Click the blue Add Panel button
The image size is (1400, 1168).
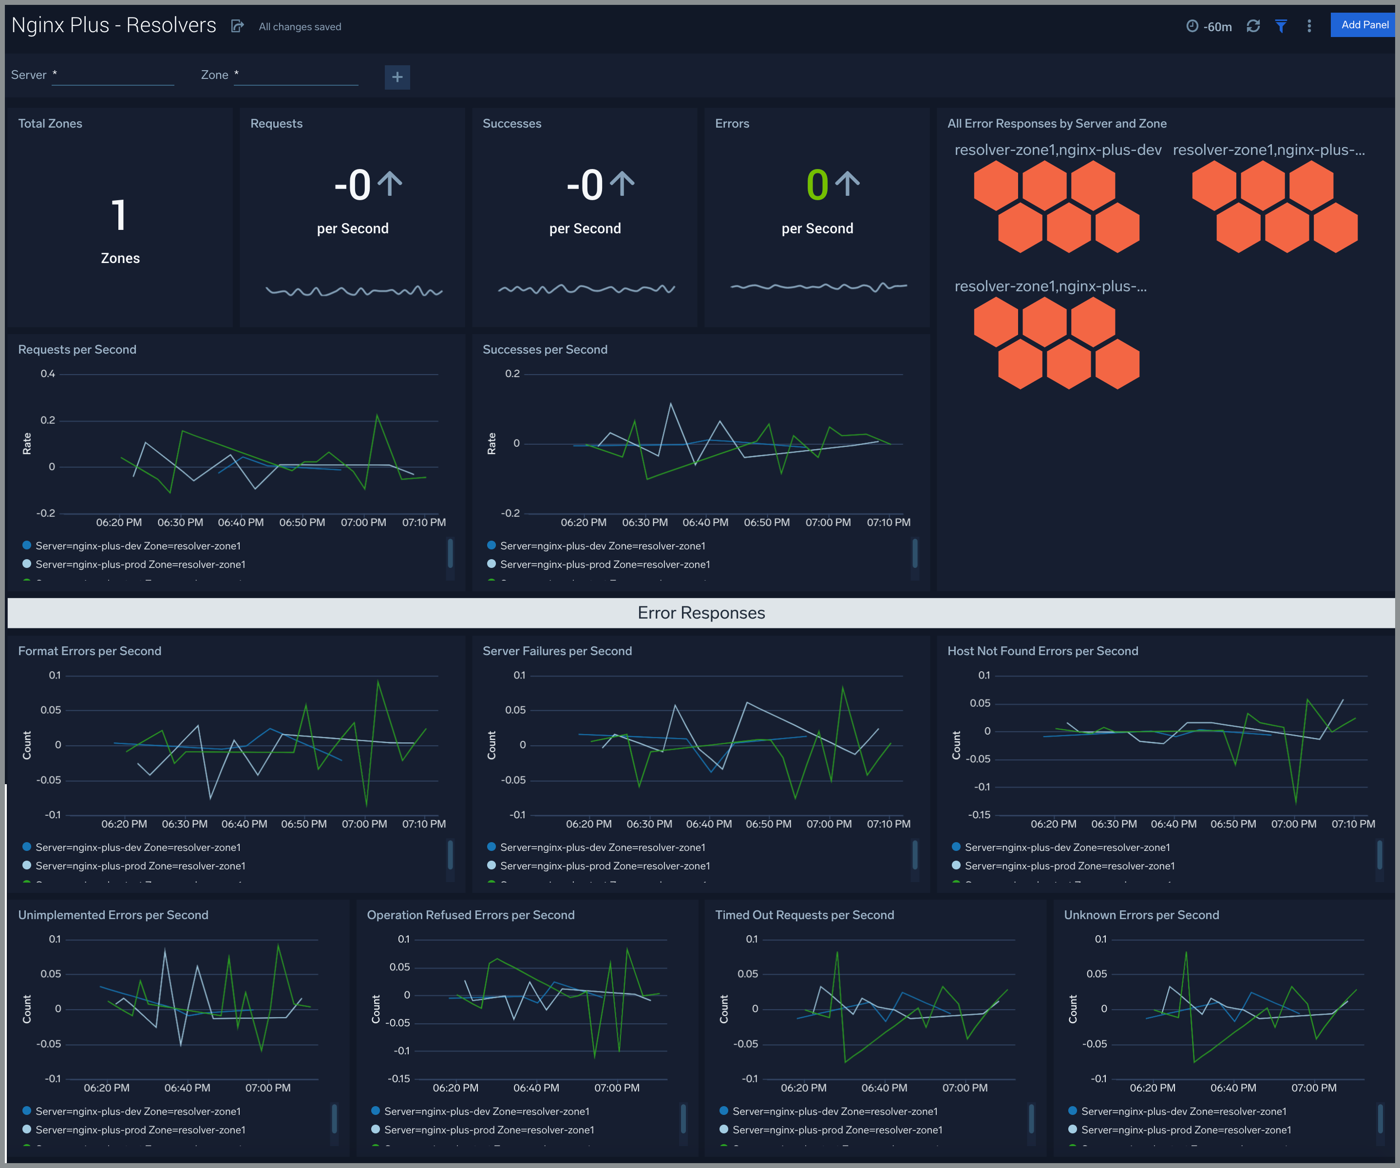[1364, 25]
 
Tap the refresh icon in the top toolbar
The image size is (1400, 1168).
[1253, 26]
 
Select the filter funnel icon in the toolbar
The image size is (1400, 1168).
[1281, 26]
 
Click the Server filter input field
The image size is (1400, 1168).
[114, 75]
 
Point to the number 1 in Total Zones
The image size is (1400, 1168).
[119, 215]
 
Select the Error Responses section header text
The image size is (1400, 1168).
[700, 613]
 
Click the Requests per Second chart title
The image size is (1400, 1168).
[77, 349]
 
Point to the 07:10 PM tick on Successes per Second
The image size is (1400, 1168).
[888, 523]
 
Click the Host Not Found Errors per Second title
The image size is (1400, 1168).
[1042, 651]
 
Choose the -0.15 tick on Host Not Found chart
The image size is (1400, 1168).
[979, 815]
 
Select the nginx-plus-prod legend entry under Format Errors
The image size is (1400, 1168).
[140, 866]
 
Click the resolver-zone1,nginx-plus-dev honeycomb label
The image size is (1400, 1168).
[1058, 150]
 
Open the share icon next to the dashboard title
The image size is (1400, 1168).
[237, 26]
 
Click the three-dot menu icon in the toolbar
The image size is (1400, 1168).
[1309, 26]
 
